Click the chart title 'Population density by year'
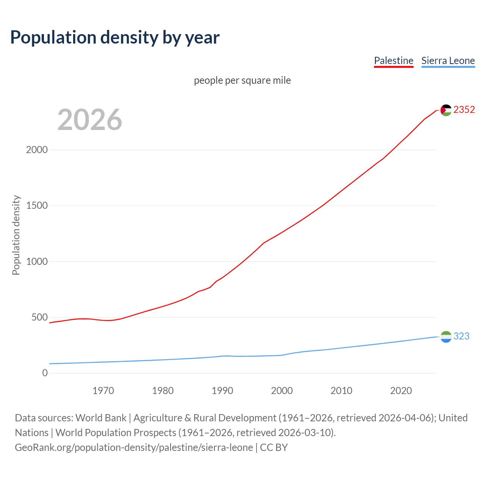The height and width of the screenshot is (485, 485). click(x=115, y=38)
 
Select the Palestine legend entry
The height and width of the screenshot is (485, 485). click(x=393, y=61)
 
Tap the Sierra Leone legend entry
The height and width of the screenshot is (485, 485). click(x=448, y=61)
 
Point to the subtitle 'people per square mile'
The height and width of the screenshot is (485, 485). click(x=242, y=80)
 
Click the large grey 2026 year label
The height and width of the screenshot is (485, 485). click(x=90, y=120)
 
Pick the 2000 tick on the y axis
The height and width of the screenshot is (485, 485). click(x=37, y=150)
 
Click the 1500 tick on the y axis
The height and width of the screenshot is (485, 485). click(x=37, y=205)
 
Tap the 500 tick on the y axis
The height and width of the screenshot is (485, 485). click(x=39, y=317)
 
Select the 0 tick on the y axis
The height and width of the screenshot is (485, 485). click(x=45, y=373)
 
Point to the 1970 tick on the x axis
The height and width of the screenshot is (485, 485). click(x=103, y=391)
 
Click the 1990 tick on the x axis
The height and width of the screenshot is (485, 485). click(x=222, y=391)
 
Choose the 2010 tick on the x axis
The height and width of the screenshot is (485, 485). click(x=341, y=391)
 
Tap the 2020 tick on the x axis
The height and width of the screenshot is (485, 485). click(x=401, y=391)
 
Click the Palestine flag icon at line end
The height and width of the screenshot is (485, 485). click(x=446, y=110)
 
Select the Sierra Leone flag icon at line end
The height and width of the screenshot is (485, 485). click(x=446, y=336)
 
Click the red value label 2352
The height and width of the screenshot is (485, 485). click(x=464, y=110)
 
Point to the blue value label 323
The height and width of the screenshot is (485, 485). click(x=461, y=336)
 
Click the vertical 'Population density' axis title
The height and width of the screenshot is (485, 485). click(x=16, y=235)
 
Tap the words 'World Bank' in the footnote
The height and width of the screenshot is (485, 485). click(x=101, y=418)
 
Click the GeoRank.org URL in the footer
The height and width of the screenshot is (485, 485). click(x=134, y=447)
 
